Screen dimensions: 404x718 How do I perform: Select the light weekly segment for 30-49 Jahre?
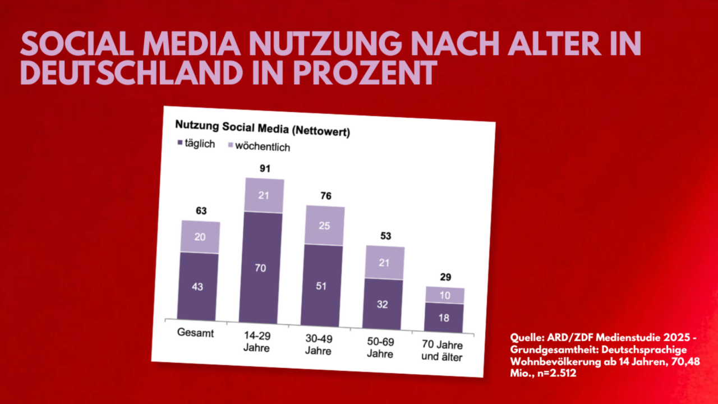point(325,226)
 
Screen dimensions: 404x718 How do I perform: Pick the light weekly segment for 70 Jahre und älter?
point(444,295)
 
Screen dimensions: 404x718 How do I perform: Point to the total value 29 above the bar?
point(445,277)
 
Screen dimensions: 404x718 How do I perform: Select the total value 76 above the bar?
point(326,196)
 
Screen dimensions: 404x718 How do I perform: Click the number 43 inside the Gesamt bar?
point(197,287)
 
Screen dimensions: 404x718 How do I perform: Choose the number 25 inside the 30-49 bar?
point(325,226)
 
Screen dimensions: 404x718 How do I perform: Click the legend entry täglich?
point(196,144)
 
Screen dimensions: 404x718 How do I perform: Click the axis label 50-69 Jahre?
point(383,347)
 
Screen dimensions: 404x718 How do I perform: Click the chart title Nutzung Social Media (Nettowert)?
point(262,128)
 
